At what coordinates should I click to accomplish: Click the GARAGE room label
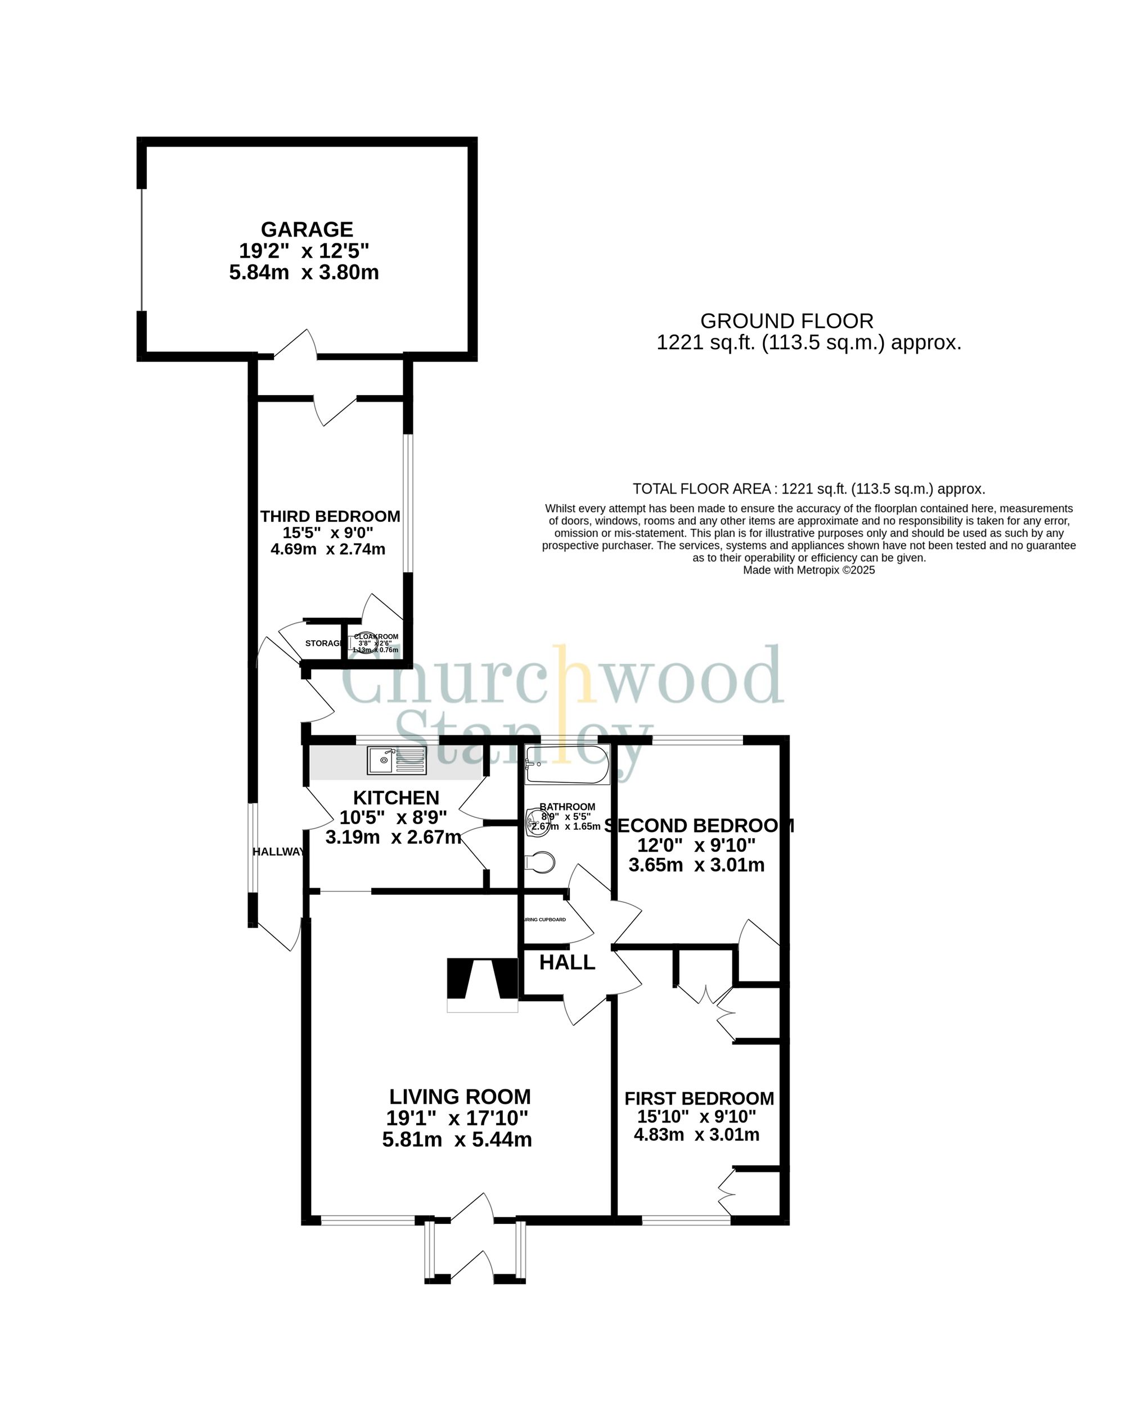pyautogui.click(x=307, y=229)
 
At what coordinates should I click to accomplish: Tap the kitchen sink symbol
pyautogui.click(x=397, y=761)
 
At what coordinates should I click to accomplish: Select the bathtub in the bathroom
pyautogui.click(x=567, y=765)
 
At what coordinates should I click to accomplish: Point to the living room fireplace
pyautogui.click(x=482, y=981)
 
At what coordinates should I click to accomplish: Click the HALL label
pyautogui.click(x=566, y=962)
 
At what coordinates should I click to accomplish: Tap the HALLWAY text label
pyautogui.click(x=278, y=852)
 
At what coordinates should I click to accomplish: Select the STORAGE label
pyautogui.click(x=323, y=643)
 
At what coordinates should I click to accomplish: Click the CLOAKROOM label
pyautogui.click(x=376, y=636)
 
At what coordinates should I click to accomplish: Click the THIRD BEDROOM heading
pyautogui.click(x=330, y=516)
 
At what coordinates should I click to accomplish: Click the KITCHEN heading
pyautogui.click(x=396, y=798)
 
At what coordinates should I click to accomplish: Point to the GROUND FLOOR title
pyautogui.click(x=786, y=321)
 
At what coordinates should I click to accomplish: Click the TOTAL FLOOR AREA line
pyautogui.click(x=809, y=489)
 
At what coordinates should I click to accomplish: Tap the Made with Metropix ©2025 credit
pyautogui.click(x=809, y=570)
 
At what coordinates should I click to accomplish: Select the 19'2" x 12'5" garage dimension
pyautogui.click(x=304, y=251)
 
